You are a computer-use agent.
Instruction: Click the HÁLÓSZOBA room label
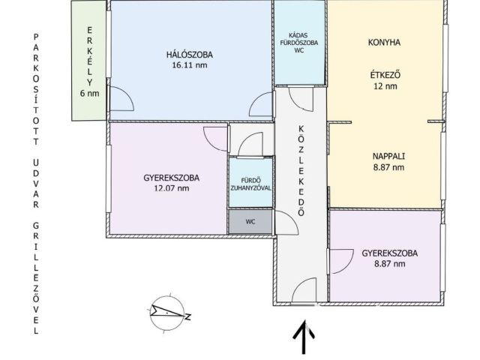coord(190,55)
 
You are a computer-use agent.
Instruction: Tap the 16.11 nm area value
coord(190,65)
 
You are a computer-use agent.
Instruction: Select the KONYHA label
coord(384,42)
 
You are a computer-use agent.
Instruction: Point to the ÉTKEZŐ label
coord(385,75)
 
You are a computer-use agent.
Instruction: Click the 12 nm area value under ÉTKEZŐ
coord(385,86)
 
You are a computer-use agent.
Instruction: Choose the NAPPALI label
coord(388,156)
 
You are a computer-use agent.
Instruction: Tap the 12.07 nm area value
coord(172,188)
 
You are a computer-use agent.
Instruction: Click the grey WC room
coord(250,222)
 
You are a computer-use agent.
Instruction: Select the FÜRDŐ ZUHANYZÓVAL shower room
coord(250,183)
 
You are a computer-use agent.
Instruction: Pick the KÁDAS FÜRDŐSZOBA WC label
coord(299,43)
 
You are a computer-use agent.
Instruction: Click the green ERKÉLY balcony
coord(88,61)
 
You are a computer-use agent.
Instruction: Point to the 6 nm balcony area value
coord(89,93)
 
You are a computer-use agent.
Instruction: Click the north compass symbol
coord(167,313)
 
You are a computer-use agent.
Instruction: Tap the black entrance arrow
coord(304,337)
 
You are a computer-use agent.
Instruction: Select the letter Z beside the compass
coord(188,316)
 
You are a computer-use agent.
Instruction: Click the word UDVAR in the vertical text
coord(36,184)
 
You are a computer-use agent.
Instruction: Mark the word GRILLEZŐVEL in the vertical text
coord(36,278)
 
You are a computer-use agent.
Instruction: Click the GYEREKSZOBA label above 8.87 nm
coord(390,253)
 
